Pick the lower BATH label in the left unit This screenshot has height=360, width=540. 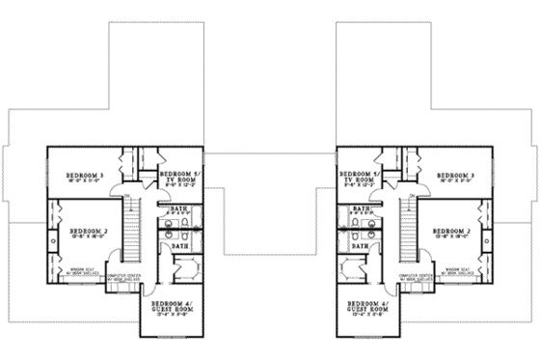[x=180, y=246]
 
